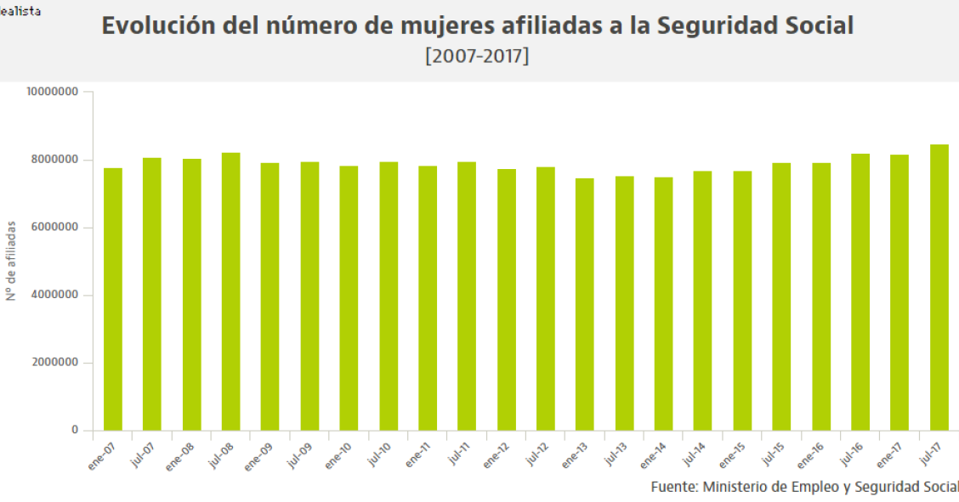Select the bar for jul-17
point(939,289)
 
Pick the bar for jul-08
point(231,292)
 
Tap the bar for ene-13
point(585,305)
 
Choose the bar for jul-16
point(860,292)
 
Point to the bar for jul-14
point(702,302)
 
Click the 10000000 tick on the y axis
point(53,92)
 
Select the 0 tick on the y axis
point(75,431)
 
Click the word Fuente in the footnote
point(673,487)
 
